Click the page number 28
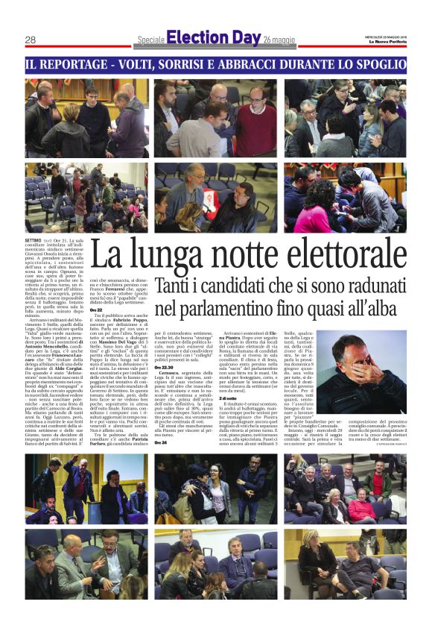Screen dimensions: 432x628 (31, 40)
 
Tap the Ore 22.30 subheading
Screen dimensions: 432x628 (166, 367)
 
